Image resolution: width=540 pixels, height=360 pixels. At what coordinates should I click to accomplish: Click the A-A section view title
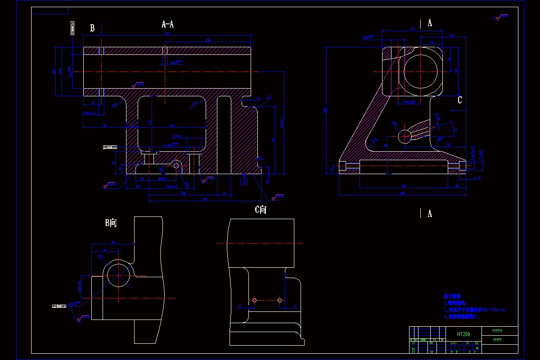[167, 24]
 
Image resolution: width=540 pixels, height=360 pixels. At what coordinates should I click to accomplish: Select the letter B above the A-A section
[92, 28]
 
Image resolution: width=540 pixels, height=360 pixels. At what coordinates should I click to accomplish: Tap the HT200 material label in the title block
[463, 334]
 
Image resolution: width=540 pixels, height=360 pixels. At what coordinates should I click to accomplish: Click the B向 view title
[111, 223]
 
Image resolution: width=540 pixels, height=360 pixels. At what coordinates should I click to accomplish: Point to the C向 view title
[261, 210]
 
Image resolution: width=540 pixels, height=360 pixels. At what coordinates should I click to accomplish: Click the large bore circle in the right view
[421, 72]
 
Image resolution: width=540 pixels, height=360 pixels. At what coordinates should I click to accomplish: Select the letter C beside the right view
[459, 100]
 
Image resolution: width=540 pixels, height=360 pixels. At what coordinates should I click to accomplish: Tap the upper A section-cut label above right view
[430, 23]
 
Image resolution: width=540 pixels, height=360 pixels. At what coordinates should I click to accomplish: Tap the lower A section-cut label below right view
[430, 214]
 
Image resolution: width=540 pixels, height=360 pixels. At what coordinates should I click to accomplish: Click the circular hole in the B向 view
[119, 275]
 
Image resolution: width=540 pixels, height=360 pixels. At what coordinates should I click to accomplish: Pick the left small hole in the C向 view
[254, 300]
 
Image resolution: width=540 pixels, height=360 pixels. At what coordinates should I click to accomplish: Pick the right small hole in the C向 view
[279, 300]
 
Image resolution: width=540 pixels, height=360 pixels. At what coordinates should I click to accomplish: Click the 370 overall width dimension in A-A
[167, 34]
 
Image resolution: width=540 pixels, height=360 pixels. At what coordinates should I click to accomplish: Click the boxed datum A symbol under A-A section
[244, 182]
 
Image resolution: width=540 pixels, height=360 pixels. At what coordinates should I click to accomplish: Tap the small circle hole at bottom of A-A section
[176, 166]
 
